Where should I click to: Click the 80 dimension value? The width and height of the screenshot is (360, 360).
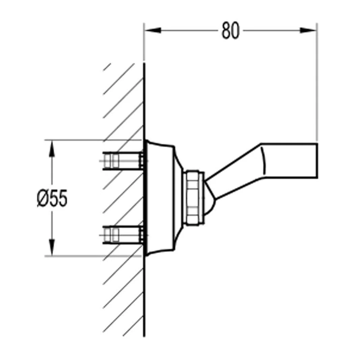pos(230,30)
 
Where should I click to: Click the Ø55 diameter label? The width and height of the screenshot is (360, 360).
pos(52,198)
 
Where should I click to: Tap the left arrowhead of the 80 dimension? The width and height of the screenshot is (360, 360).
pos(153,30)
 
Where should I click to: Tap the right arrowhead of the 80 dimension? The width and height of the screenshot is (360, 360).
pos(308,30)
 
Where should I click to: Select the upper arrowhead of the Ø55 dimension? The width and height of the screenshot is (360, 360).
pos(52,149)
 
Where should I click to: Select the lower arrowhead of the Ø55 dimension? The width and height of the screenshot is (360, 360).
pos(52,247)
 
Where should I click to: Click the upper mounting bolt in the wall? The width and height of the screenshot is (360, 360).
pos(123,161)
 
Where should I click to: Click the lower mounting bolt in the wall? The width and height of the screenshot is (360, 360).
pos(123,235)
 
